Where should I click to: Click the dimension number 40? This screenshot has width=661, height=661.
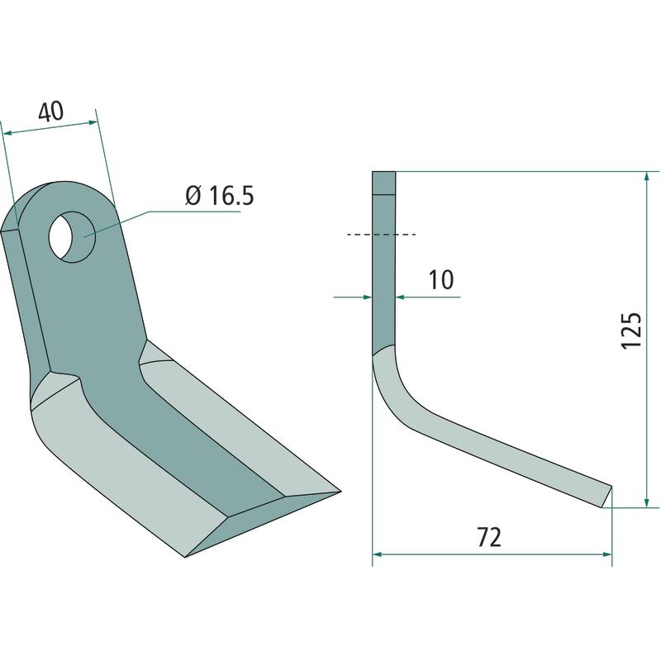[x=51, y=112]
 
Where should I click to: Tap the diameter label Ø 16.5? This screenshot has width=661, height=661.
[x=220, y=196]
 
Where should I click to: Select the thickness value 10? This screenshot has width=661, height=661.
[x=441, y=279]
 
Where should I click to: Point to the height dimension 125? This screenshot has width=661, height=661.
[x=631, y=331]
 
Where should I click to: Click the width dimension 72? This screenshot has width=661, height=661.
[x=489, y=537]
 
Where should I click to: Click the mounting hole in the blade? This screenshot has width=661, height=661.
[x=72, y=237]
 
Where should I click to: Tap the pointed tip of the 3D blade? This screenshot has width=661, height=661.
[x=340, y=492]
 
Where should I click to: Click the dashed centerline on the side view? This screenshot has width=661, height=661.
[x=381, y=234]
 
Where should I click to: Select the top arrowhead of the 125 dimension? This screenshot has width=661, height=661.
[x=647, y=176]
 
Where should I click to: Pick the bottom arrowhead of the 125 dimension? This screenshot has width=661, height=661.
[x=647, y=502]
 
